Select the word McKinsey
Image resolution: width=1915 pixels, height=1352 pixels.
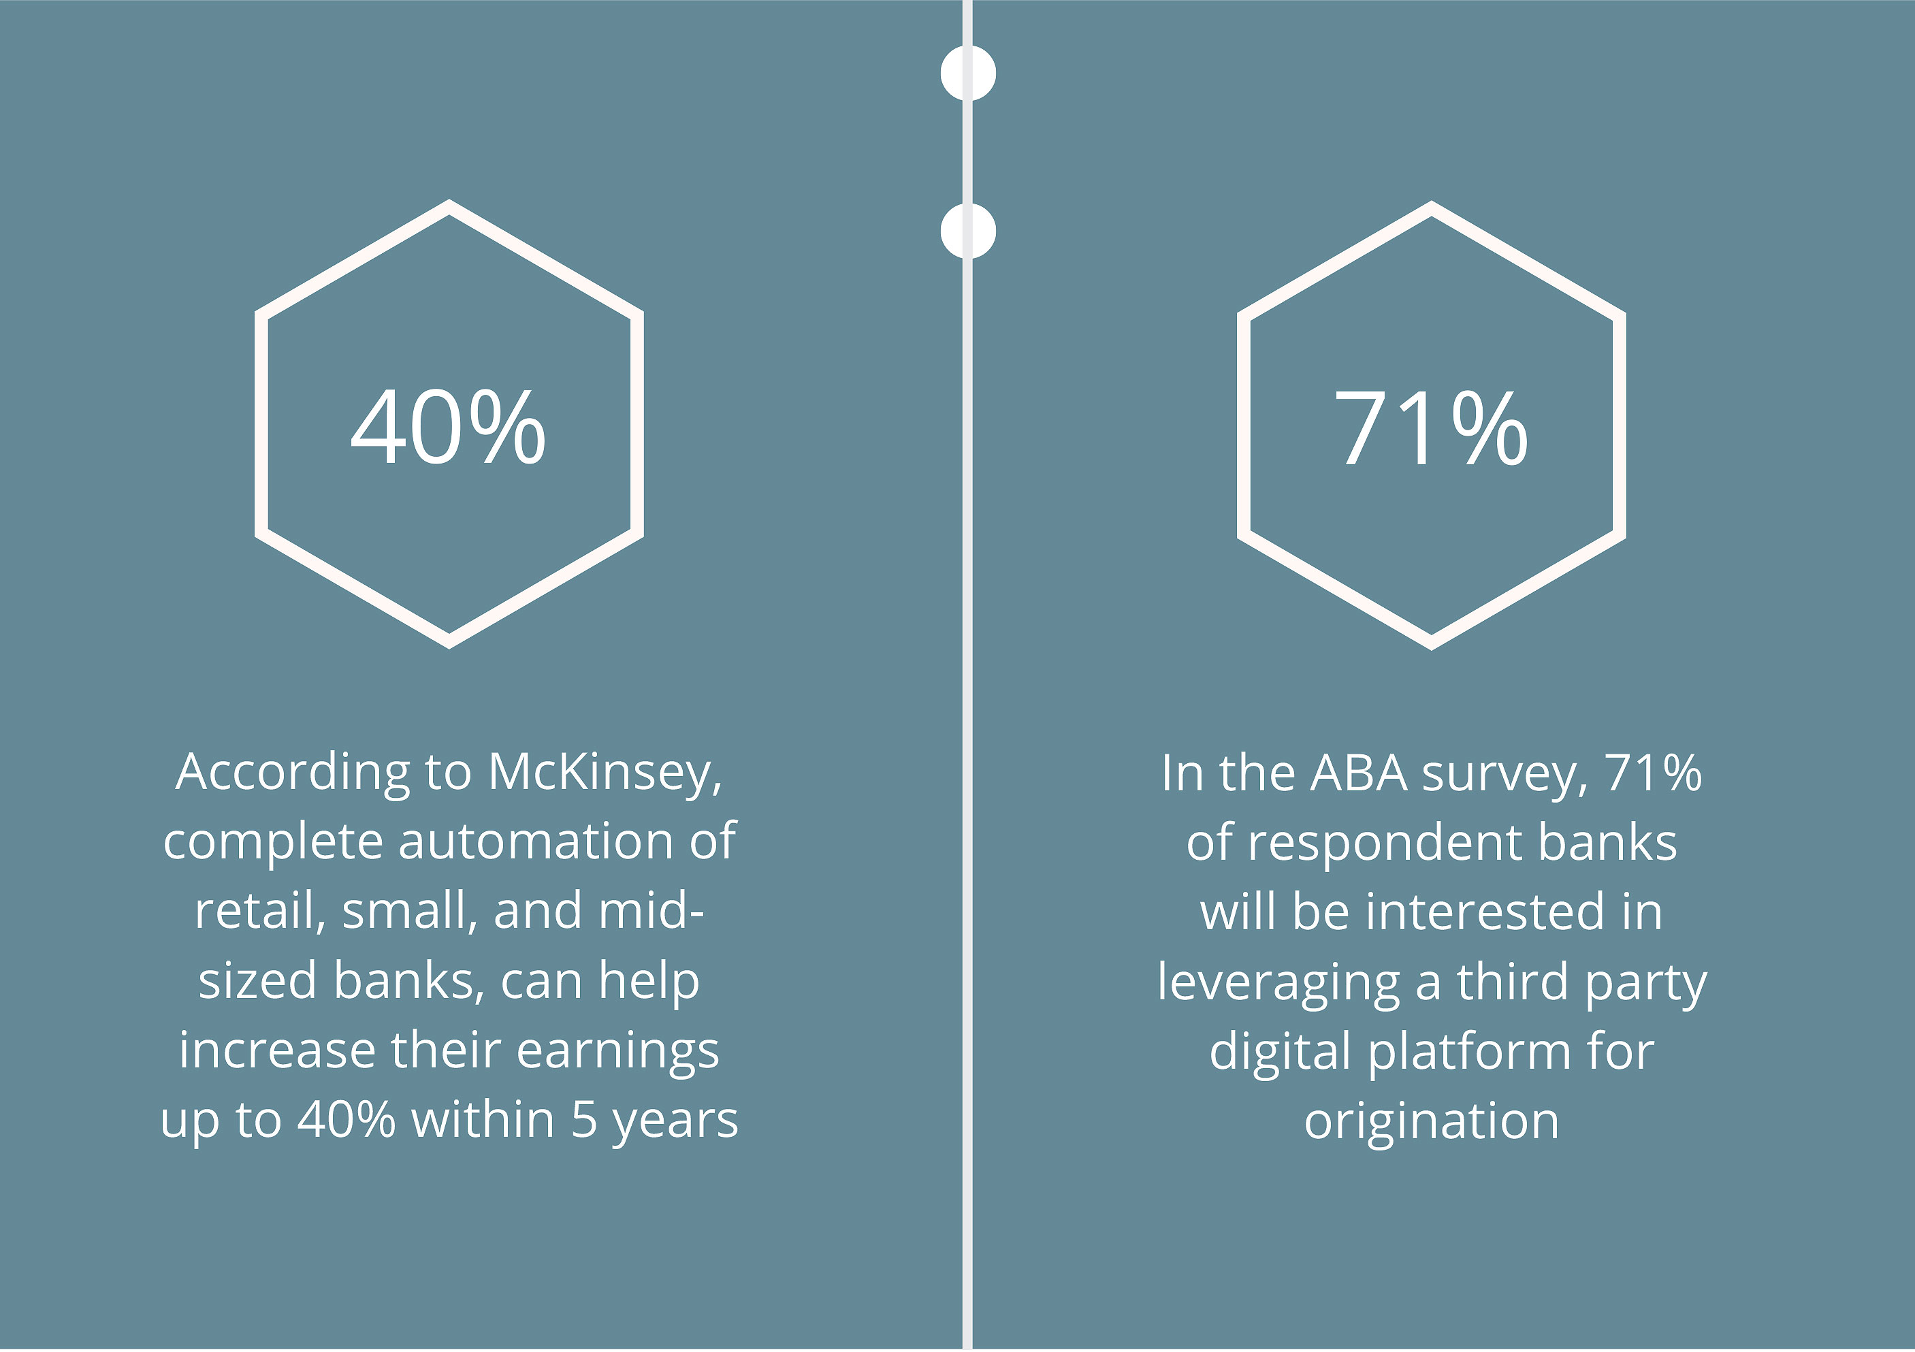(605, 773)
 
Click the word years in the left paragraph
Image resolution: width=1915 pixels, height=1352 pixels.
(675, 1121)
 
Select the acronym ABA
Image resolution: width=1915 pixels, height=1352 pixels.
(1359, 773)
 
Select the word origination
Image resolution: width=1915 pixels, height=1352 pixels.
(1431, 1123)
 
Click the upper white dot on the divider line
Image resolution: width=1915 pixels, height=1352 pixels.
(967, 74)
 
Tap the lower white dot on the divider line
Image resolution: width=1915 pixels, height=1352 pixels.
(967, 231)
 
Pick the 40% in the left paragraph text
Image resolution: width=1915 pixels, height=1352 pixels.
(346, 1120)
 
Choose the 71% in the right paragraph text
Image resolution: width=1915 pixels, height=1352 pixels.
(1653, 773)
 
